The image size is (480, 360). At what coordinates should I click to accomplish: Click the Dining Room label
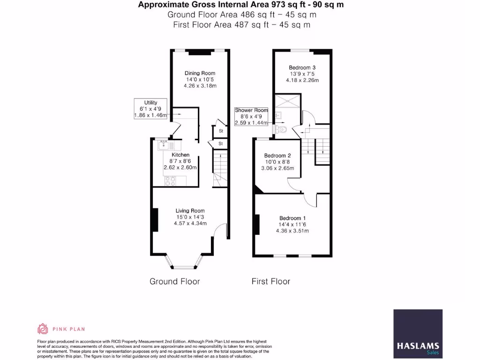pyautogui.click(x=200, y=74)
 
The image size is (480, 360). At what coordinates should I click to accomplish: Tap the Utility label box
pyautogui.click(x=150, y=109)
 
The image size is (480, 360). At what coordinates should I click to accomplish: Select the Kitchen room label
pyautogui.click(x=180, y=155)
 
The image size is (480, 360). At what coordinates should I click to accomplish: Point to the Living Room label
pyautogui.click(x=190, y=211)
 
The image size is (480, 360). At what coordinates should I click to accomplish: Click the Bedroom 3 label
pyautogui.click(x=302, y=68)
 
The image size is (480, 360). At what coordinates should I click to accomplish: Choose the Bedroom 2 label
pyautogui.click(x=277, y=156)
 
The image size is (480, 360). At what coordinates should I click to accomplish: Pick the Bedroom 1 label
pyautogui.click(x=292, y=218)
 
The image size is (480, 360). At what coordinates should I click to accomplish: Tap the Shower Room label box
pyautogui.click(x=251, y=117)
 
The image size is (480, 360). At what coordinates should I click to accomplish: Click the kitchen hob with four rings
pyautogui.click(x=170, y=180)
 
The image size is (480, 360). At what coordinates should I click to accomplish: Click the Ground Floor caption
pyautogui.click(x=174, y=282)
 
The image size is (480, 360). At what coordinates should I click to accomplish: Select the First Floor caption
pyautogui.click(x=270, y=282)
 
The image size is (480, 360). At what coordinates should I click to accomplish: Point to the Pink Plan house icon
pyautogui.click(x=43, y=329)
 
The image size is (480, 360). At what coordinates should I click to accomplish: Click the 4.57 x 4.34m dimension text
pyautogui.click(x=190, y=223)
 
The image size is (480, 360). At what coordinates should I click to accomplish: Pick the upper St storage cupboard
pyautogui.click(x=220, y=132)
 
